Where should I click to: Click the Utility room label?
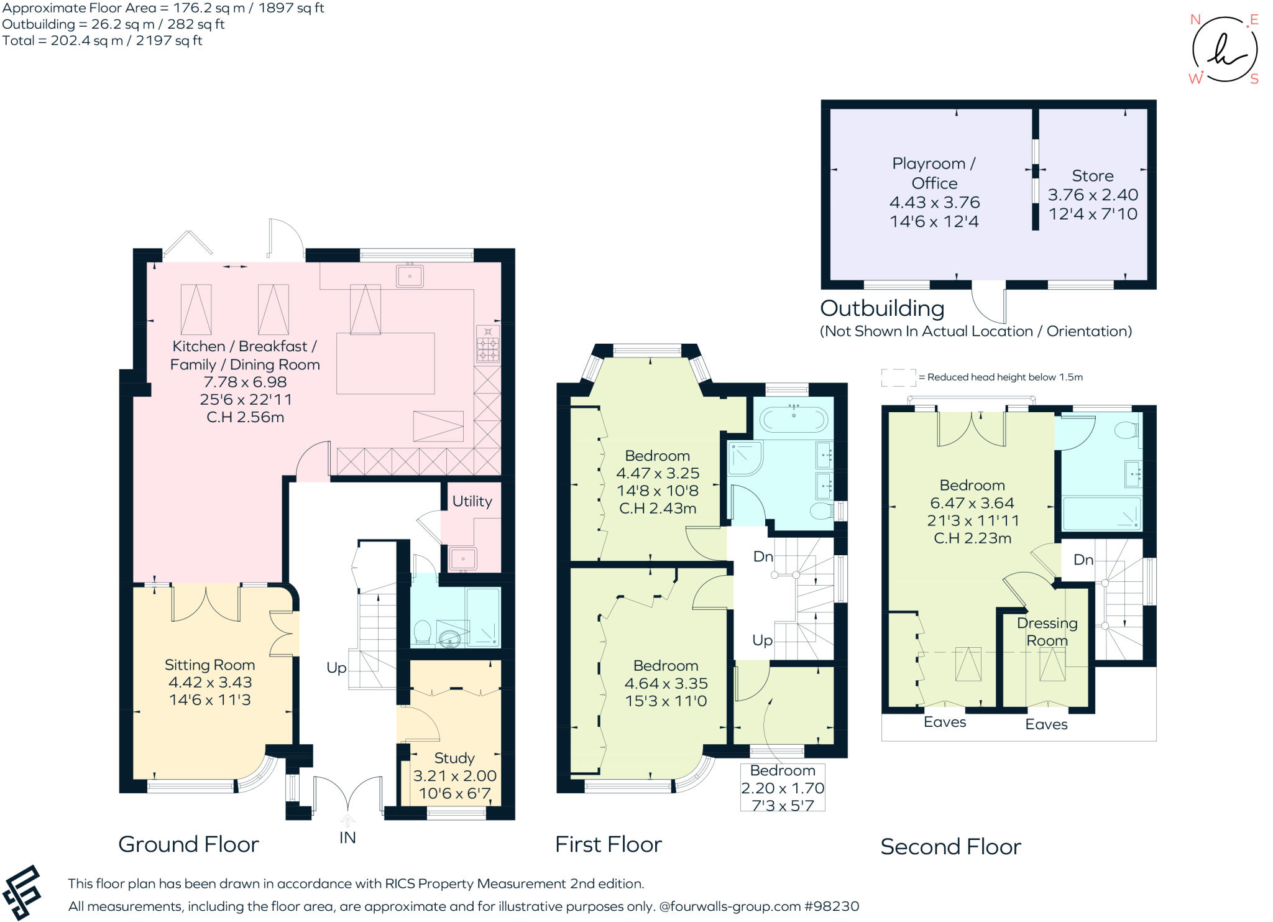coord(472,501)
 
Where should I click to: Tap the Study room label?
coord(454,758)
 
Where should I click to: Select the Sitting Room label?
coord(209,665)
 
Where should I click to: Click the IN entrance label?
coord(347,837)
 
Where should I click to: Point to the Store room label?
coord(1092,175)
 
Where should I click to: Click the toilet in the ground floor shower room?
coord(423,632)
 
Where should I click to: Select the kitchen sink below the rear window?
coord(410,275)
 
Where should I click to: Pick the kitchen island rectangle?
coord(385,364)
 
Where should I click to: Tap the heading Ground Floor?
coord(188,844)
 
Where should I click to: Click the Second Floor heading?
coord(950,847)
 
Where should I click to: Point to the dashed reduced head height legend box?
coord(899,377)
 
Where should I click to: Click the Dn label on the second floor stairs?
coord(1083,560)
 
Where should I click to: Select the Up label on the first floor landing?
coord(763,640)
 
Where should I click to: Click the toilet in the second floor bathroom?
coord(1126,430)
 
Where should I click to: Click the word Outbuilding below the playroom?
coord(882,308)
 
